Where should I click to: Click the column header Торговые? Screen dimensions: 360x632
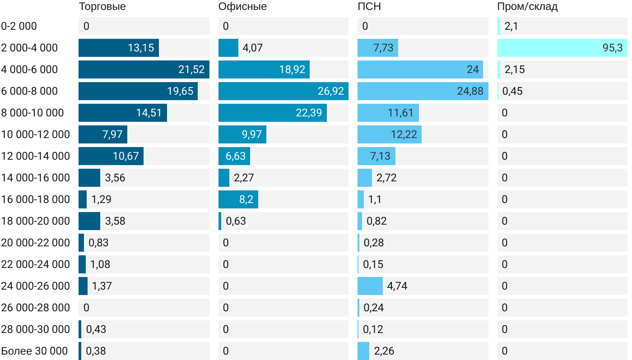102,7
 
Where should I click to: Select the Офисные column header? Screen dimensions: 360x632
242,7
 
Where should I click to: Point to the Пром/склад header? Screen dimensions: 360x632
527,7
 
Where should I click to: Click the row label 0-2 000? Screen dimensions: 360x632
19,26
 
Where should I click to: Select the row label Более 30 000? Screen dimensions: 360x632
34,351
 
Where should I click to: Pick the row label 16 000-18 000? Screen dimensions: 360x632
36,199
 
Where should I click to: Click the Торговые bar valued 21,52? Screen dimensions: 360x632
144,69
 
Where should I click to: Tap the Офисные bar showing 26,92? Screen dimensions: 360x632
283,91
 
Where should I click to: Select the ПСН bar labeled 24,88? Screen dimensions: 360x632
423,91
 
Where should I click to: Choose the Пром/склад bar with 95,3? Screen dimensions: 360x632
562,48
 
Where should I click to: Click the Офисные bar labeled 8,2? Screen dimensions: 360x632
238,199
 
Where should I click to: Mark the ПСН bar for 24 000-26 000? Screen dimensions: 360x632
370,286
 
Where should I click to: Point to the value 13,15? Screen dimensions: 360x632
141,48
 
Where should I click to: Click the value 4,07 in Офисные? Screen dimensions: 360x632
253,48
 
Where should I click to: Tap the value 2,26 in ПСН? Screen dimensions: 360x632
384,351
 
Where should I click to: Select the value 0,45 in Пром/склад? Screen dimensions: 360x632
512,91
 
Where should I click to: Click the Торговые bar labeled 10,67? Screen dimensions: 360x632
111,156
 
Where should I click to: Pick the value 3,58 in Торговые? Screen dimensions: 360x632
115,221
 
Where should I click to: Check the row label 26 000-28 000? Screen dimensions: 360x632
36,308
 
